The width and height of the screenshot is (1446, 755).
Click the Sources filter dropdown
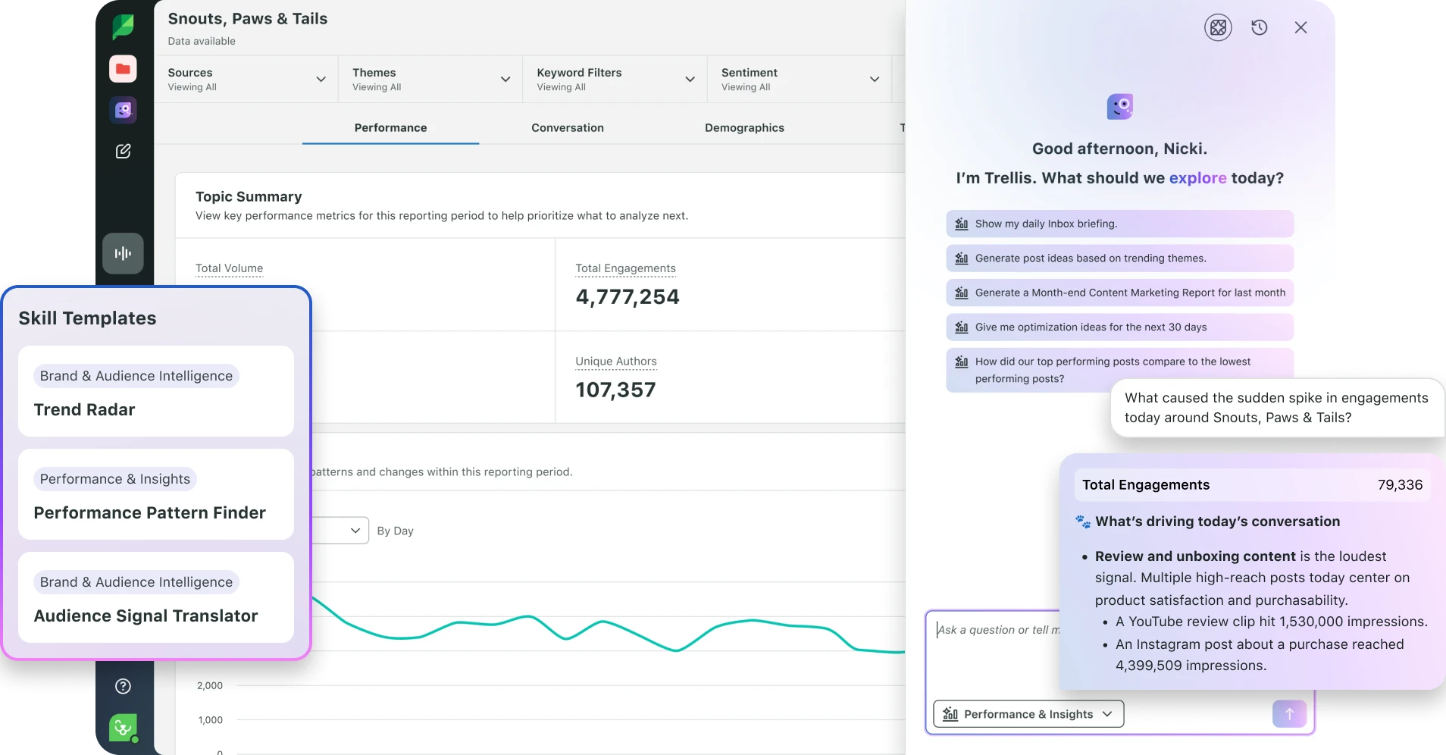(x=246, y=79)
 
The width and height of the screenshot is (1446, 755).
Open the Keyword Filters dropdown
(x=615, y=79)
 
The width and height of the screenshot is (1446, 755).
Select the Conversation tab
(x=568, y=127)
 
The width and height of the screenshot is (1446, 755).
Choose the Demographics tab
(x=744, y=127)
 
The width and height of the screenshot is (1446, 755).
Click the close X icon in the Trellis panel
(x=1300, y=27)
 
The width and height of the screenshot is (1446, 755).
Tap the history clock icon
(x=1260, y=27)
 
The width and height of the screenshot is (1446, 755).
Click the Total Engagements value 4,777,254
(x=628, y=296)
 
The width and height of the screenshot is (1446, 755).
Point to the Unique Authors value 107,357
(x=615, y=390)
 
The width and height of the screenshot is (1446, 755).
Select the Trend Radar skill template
(x=156, y=391)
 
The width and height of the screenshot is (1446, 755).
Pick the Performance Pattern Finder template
(x=156, y=494)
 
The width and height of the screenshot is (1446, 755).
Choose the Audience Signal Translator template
(x=156, y=597)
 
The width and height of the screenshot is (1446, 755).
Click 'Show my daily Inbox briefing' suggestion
(x=1119, y=224)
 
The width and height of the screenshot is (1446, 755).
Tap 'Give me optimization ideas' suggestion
(x=1119, y=327)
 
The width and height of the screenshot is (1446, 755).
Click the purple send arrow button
(x=1289, y=714)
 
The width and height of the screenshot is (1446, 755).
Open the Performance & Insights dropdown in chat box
(x=1028, y=714)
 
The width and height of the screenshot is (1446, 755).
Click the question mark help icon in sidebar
(x=123, y=686)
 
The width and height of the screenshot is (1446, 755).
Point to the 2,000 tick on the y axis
(x=210, y=685)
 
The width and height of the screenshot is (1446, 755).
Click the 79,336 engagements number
(x=1400, y=485)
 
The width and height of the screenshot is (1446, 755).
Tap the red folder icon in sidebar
(x=123, y=69)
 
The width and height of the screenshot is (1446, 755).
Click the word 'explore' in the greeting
(x=1197, y=178)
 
